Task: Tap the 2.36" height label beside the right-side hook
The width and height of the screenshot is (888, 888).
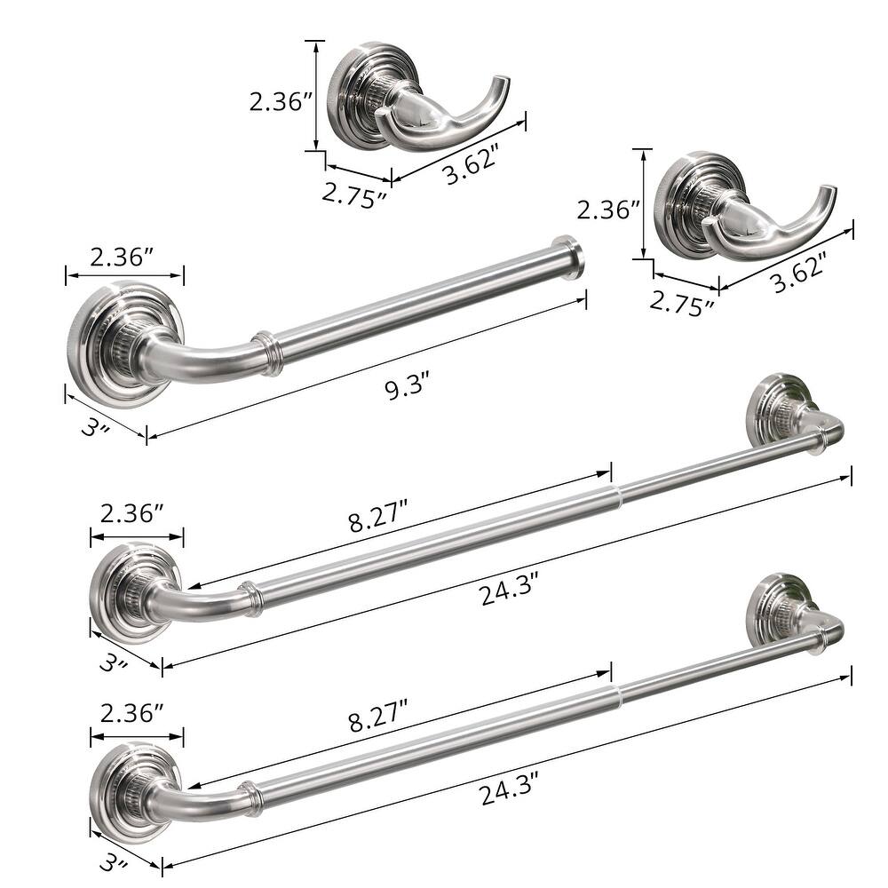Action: pyautogui.click(x=608, y=210)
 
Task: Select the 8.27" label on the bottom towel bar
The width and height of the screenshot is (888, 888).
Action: pyautogui.click(x=377, y=715)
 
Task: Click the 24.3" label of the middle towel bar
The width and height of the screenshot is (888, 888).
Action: pyautogui.click(x=510, y=589)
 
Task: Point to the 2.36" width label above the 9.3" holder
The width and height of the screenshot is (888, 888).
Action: pyautogui.click(x=123, y=258)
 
